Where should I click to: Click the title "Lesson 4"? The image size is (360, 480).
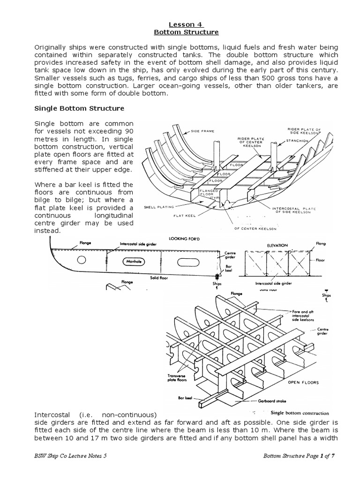coord(180,23)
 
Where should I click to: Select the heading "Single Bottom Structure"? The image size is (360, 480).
coord(80,108)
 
